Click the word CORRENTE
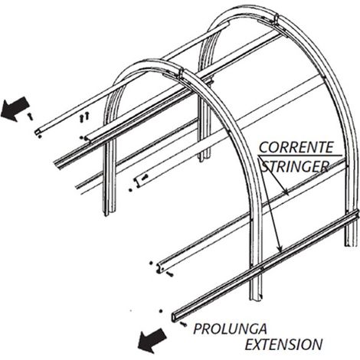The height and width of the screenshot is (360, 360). point(296,147)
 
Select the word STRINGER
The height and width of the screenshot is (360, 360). point(295,166)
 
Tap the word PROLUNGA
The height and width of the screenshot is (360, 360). point(230,329)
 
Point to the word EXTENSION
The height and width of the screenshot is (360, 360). point(283,344)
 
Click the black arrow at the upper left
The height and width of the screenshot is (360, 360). point(15,109)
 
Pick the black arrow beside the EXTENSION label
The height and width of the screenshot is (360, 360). point(152,340)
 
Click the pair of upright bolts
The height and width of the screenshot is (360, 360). point(84,117)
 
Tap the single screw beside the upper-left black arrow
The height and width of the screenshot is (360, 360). point(30,116)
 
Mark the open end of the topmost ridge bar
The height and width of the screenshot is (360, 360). point(38,132)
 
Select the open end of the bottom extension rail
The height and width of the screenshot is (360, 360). point(175,317)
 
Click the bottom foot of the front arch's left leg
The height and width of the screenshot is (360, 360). point(110,212)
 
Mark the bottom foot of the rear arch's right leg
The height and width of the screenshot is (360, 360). point(350,243)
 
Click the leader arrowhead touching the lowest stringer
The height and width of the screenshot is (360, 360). point(280,249)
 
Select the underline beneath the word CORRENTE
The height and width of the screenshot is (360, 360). point(300,155)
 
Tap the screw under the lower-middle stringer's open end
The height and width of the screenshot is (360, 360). point(170,274)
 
